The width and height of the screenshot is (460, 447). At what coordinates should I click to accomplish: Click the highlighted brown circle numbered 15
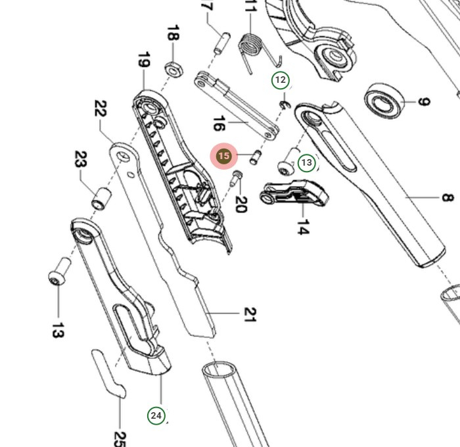[x=224, y=156]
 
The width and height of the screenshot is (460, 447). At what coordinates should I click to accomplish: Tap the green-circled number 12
[x=281, y=80]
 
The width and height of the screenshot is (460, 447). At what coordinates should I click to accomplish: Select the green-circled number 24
[x=156, y=415]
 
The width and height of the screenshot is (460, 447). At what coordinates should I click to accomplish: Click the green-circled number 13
[x=307, y=162]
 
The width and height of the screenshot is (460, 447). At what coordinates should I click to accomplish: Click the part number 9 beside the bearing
[x=424, y=102]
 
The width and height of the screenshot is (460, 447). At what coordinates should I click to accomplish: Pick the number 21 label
[x=249, y=314]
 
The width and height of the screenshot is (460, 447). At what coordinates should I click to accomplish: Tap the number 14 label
[x=302, y=227]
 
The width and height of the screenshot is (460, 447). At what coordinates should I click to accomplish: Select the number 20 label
[x=240, y=204]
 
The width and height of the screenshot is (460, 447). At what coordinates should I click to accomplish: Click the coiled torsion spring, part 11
[x=251, y=47]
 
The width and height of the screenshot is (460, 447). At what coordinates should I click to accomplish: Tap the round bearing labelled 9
[x=383, y=101]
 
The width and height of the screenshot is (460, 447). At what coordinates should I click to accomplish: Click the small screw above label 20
[x=238, y=176]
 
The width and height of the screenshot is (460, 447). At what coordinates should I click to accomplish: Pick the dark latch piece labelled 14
[x=295, y=192]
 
